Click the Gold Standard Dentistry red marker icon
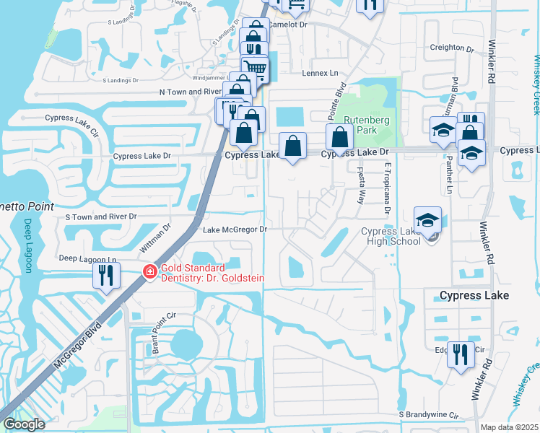point(149,272)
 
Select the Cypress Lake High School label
point(391,236)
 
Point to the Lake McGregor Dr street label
point(235,229)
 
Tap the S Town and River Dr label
point(100,216)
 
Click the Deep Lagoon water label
point(28,245)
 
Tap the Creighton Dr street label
point(451,48)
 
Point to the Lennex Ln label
point(320,73)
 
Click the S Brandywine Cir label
point(429,415)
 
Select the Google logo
point(24,424)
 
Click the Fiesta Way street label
point(359,185)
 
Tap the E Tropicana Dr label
point(387,188)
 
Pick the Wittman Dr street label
point(155,236)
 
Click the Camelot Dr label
point(288,25)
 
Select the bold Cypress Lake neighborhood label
point(474,296)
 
